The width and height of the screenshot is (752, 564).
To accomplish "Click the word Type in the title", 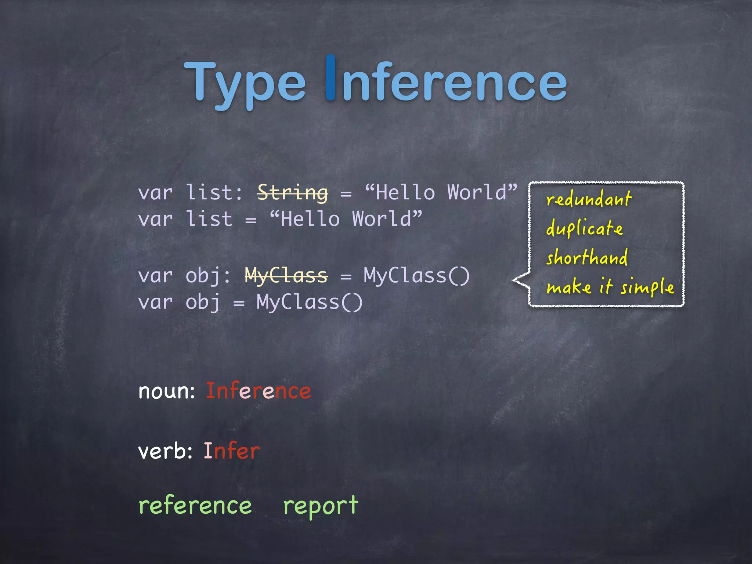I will click(x=244, y=83).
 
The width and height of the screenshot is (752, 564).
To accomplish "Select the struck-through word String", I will click(x=293, y=192).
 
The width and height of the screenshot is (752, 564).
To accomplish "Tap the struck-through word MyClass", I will click(x=286, y=275).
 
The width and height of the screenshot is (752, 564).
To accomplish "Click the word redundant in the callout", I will click(x=589, y=199).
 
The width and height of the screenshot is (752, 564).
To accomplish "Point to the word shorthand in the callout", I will click(x=587, y=257).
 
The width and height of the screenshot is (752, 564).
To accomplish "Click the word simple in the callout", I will click(x=647, y=287).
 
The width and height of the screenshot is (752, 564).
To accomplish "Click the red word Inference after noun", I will click(x=258, y=391).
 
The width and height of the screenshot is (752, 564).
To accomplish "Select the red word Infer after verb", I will click(x=232, y=451).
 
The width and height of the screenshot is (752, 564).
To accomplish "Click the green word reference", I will click(x=195, y=506).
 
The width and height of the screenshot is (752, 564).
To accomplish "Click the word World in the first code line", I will click(x=477, y=192).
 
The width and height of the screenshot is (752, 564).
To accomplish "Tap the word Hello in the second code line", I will click(x=310, y=219).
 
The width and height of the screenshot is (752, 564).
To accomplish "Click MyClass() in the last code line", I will click(x=310, y=302).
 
